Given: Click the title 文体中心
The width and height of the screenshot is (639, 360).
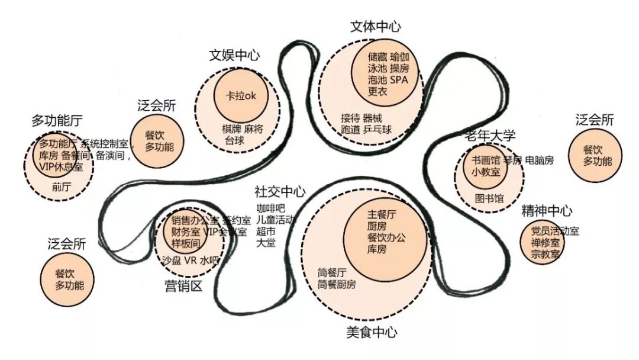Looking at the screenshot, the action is click(x=376, y=27).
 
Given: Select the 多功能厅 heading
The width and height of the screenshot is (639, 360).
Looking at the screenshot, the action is click(x=57, y=121).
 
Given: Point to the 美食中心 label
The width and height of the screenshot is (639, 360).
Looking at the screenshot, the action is click(x=372, y=332).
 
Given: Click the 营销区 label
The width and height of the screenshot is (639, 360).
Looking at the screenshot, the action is click(x=183, y=287).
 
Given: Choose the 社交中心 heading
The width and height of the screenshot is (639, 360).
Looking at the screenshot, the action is click(x=280, y=192).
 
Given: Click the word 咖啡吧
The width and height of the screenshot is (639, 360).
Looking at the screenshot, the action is click(x=270, y=208).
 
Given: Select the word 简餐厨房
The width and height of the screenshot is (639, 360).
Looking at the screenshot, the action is click(x=337, y=284).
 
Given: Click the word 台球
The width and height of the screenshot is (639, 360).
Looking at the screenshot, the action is click(x=235, y=140).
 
